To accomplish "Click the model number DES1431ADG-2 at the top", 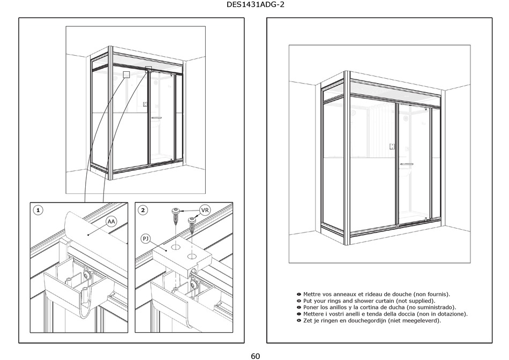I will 254,6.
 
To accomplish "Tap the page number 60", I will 255,356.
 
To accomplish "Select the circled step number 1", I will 38,211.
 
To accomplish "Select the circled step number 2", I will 143,211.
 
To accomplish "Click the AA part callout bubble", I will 111,221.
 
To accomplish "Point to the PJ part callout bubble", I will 145,237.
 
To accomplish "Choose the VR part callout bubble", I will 204,210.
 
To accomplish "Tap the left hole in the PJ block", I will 174,249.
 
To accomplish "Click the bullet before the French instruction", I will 298,295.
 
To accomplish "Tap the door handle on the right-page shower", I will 407,164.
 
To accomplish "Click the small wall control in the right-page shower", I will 392,146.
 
